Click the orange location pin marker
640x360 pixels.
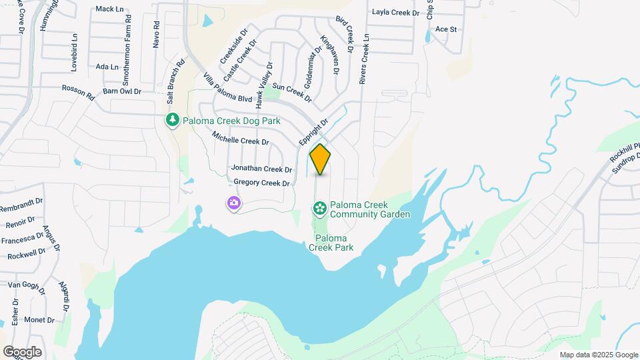point(320,159)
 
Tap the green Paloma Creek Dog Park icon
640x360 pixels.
point(173,120)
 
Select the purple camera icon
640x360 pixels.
point(233,203)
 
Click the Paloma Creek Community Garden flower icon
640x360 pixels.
point(320,209)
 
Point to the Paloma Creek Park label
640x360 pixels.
point(331,243)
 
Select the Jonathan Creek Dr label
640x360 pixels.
point(261,169)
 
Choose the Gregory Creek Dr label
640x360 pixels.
point(261,183)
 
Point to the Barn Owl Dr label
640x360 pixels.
point(123,91)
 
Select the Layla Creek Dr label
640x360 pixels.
point(396,12)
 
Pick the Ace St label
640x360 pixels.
point(445,29)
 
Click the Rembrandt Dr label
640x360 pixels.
point(21,203)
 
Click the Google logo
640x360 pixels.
point(22,352)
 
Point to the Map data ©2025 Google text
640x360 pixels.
point(599,355)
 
